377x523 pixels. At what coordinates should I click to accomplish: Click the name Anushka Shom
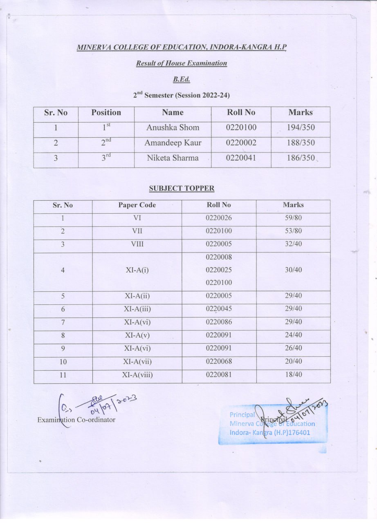(173, 127)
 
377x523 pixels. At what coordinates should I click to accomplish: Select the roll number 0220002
(241, 143)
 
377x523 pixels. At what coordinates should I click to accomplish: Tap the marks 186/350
(301, 158)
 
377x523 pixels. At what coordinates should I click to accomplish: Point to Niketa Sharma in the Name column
(173, 158)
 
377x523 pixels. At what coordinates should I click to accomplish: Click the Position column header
(106, 112)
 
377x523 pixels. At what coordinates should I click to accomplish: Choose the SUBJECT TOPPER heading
(182, 188)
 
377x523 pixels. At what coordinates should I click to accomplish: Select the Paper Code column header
(137, 205)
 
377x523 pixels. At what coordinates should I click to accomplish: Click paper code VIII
(137, 244)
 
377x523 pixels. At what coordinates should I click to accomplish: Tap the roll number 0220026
(219, 218)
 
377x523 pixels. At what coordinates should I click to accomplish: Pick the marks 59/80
(293, 218)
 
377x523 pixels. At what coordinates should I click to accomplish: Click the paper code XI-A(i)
(137, 270)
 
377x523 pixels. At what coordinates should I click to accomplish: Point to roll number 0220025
(219, 270)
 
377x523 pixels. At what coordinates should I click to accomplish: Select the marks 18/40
(293, 375)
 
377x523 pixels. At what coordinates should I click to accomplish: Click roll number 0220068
(219, 362)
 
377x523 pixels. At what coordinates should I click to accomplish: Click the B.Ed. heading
(182, 80)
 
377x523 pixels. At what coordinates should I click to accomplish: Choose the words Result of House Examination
(182, 63)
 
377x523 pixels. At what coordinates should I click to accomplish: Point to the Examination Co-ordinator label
(76, 420)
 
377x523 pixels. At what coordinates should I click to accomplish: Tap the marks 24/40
(293, 335)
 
